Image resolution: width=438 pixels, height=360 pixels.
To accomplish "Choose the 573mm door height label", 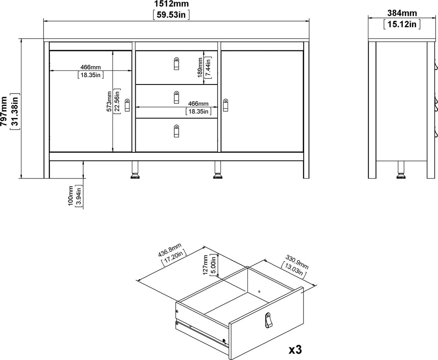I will pos(109,102).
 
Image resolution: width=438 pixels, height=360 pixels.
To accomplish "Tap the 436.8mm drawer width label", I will pos(169,254).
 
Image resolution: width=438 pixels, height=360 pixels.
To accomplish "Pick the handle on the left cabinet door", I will pos(127,105).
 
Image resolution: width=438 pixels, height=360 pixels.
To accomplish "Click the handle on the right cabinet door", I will pos(226,106).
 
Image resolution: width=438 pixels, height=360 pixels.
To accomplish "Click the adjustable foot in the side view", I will pos(401,170).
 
